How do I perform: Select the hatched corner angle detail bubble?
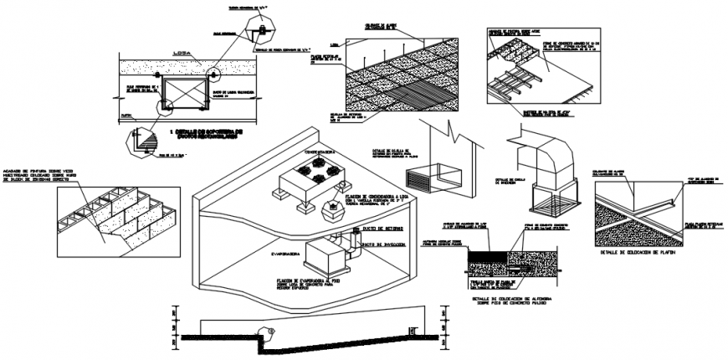[141, 144]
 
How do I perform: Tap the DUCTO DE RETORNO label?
[384, 228]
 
